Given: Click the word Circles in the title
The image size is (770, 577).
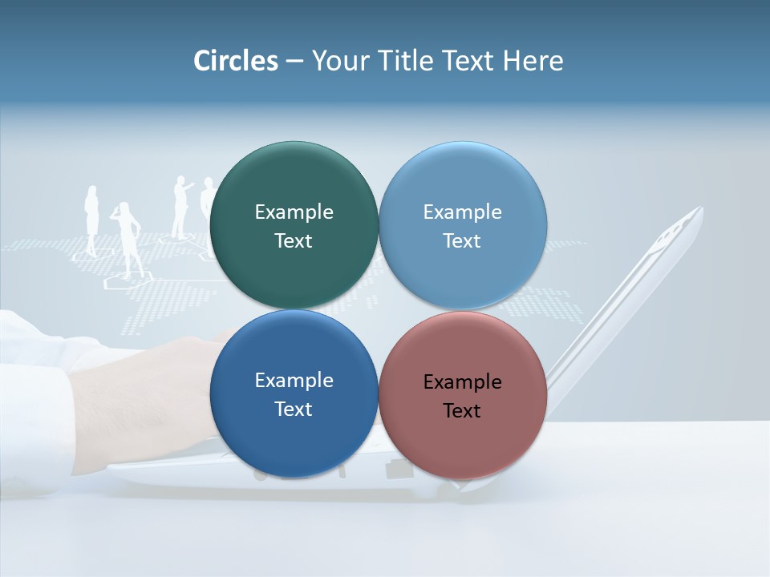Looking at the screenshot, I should pos(235,61).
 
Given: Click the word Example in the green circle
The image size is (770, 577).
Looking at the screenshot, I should pos(294,212).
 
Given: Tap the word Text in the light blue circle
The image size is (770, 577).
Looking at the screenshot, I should pos(462,240).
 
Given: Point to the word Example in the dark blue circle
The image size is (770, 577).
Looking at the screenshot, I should pos(294,380).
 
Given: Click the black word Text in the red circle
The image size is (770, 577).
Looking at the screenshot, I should pos(462,410).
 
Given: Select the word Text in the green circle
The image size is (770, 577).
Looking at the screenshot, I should pos(294,240).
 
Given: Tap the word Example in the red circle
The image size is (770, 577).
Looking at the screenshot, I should pos(462,381).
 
